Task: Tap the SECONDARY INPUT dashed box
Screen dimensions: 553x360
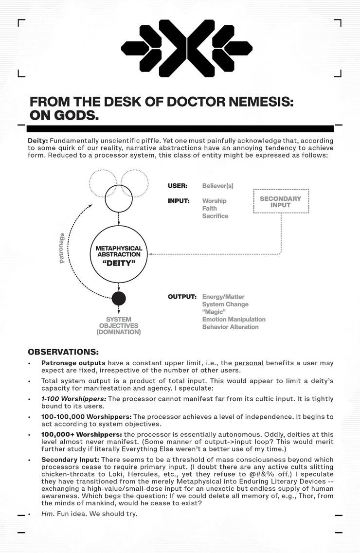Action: coord(281,201)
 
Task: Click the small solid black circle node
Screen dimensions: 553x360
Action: coord(119,298)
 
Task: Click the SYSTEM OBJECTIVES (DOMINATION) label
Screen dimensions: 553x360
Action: coord(119,325)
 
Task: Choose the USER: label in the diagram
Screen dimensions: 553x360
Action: coord(177,186)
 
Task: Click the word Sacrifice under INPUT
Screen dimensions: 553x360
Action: coord(215,216)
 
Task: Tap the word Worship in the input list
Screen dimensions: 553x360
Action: coord(214,201)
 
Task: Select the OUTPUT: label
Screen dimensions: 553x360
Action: coord(182,297)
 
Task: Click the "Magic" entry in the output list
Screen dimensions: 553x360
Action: coord(213,312)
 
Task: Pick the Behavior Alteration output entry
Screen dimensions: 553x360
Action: coord(230,327)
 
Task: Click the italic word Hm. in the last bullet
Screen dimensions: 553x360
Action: coord(47,514)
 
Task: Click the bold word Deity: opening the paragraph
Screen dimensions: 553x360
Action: coord(37,141)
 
